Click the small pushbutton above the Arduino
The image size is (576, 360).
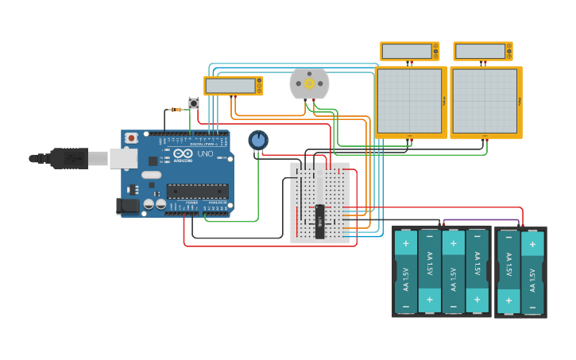(x=194, y=103)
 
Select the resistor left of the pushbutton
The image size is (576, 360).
(x=176, y=109)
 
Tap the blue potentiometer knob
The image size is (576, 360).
(x=258, y=140)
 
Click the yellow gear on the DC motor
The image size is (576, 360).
(x=309, y=83)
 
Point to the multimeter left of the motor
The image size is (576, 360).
(x=233, y=85)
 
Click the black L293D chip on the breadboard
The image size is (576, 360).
(x=319, y=222)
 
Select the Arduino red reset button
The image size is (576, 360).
(x=131, y=138)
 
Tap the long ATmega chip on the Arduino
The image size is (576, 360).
(x=197, y=191)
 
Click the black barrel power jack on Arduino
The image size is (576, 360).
(x=127, y=206)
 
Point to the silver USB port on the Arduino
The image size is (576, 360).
(x=123, y=158)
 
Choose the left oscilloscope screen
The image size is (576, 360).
(x=409, y=101)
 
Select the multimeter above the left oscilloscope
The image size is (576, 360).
(x=409, y=52)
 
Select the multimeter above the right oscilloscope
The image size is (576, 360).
(x=483, y=52)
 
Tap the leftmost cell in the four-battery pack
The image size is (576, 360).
(x=406, y=270)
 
